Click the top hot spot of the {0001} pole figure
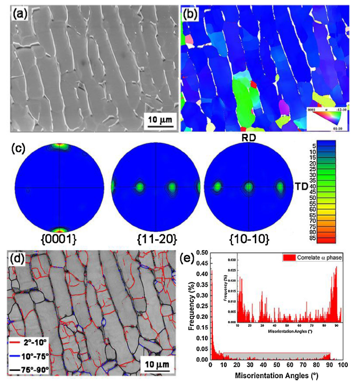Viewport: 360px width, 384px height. pos(60,145)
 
